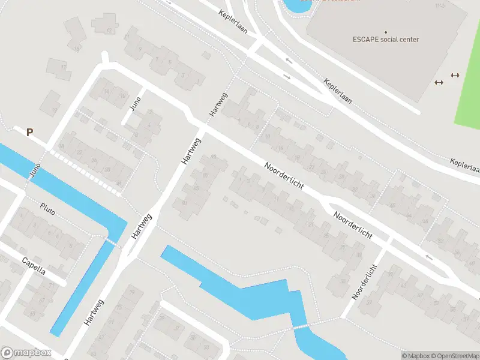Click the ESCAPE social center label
tap(385, 40)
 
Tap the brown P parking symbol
tap(29, 132)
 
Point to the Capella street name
tap(34, 266)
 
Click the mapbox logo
tap(26, 353)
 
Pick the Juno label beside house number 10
tap(136, 104)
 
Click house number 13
tap(109, 31)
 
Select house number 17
tap(64, 67)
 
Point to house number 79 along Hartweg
tap(132, 292)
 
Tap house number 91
tap(184, 203)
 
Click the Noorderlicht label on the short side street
tap(365, 281)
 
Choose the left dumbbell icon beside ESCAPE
tap(439, 82)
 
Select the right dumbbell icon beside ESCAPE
tap(455, 75)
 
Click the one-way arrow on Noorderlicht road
tap(429, 257)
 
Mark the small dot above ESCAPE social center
tap(386, 32)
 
